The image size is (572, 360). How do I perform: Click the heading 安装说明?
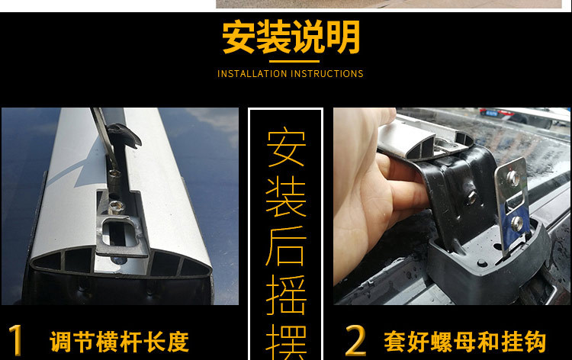(x=291, y=37)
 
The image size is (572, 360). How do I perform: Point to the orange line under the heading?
(x=291, y=61)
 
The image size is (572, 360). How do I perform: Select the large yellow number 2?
(x=355, y=340)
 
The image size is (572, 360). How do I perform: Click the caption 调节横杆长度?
(x=119, y=341)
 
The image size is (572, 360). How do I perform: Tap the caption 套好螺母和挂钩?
(x=466, y=341)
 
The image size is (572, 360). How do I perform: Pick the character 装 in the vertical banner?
(x=286, y=197)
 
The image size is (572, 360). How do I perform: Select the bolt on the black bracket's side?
(x=473, y=197)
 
